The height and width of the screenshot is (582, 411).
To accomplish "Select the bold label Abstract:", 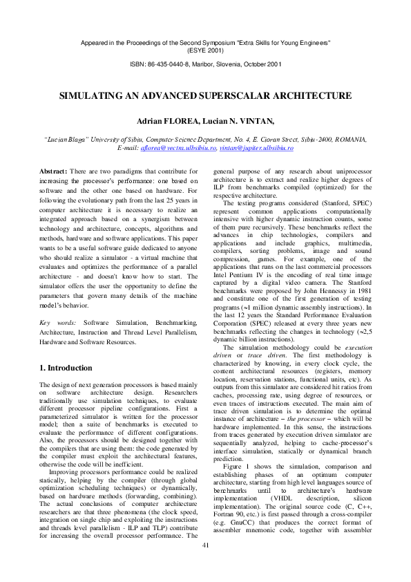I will coord(53,170).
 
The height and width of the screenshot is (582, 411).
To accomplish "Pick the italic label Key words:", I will coord(55,323).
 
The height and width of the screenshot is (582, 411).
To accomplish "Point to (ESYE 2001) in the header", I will coord(205,50).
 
